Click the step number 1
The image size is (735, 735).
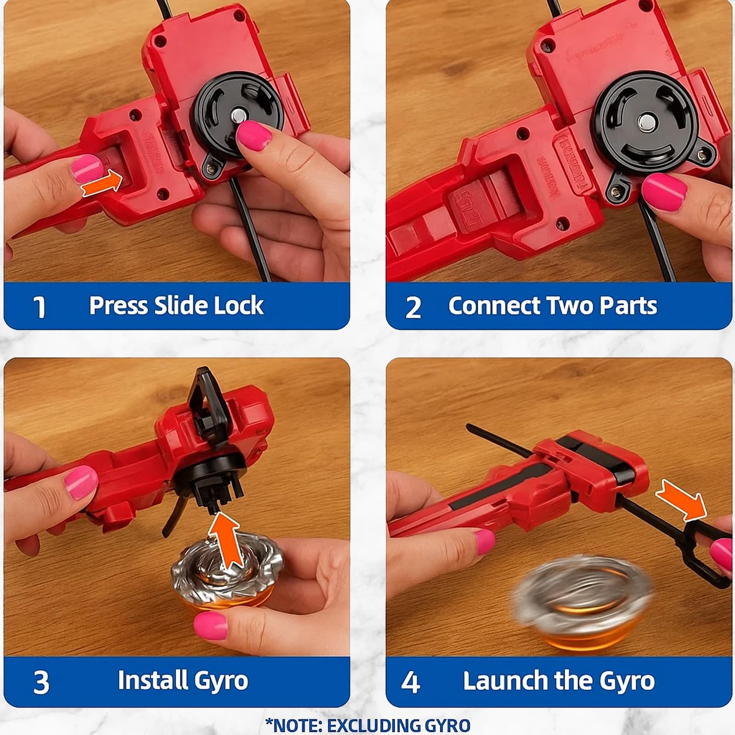coord(40,307)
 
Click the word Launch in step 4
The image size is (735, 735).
coord(505,680)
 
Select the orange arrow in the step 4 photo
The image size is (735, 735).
coord(681,500)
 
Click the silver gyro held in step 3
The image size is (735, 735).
coord(227,577)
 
